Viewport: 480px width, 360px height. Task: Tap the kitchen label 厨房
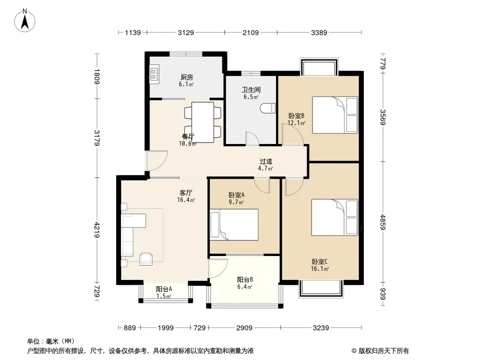[186, 77]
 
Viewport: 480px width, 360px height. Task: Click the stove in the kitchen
[154, 74]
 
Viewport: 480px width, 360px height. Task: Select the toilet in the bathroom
[268, 108]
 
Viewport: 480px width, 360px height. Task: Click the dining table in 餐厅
[202, 122]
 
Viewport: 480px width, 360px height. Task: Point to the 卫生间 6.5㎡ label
[251, 93]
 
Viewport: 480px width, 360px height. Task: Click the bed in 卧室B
[335, 115]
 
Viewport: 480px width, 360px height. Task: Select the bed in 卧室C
[335, 217]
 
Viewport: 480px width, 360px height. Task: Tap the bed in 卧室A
[234, 225]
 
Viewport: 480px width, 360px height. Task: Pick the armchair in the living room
[146, 259]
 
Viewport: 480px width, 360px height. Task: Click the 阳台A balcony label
[164, 289]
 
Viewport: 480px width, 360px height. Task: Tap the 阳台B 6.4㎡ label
[245, 283]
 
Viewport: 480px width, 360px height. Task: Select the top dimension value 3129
[186, 32]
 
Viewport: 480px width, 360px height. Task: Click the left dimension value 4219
[97, 230]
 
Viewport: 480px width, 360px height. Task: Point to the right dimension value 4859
[383, 222]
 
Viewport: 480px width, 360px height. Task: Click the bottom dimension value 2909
[245, 328]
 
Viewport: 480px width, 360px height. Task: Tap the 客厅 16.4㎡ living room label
[186, 196]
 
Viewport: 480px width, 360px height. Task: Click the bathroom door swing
[253, 138]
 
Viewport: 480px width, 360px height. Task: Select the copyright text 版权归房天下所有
[384, 351]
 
